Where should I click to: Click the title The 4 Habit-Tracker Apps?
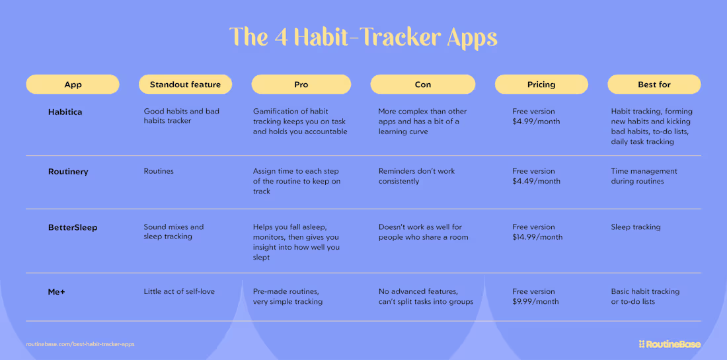point(363,37)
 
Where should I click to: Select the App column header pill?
point(73,85)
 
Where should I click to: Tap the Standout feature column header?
point(185,85)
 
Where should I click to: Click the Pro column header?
point(301,85)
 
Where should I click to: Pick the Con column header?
point(422,85)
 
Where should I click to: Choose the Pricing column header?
point(541,85)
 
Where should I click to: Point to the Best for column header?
point(654,85)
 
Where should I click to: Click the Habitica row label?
point(65,112)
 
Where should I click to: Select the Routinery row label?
point(68,172)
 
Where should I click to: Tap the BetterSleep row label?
point(73,228)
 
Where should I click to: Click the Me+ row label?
point(56,292)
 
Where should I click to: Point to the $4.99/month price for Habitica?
point(536,122)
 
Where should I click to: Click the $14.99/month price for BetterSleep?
point(537,237)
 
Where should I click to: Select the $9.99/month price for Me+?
point(535,302)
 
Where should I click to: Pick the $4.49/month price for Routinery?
point(536,181)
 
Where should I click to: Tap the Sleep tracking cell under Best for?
point(636,227)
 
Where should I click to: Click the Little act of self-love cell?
point(179,291)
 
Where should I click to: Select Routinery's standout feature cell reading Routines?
point(159,171)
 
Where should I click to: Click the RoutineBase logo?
point(670,344)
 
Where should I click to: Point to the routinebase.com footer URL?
point(80,344)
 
